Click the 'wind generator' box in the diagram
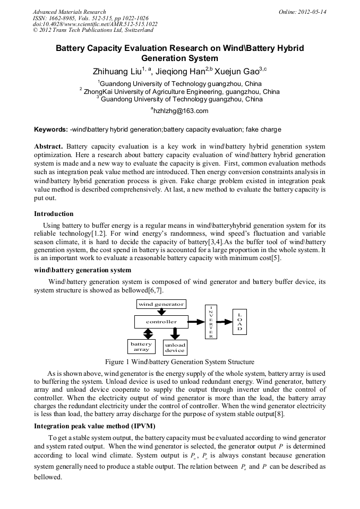point(161,304)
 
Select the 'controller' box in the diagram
point(161,322)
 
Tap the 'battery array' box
point(141,347)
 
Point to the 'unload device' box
point(175,348)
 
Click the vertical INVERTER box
point(211,322)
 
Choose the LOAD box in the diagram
point(239,322)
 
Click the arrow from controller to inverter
point(198,322)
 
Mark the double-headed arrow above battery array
point(149,333)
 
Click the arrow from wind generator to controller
point(161,312)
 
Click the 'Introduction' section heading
point(54,214)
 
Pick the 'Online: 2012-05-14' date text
point(303,12)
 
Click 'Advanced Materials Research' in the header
point(69,12)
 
